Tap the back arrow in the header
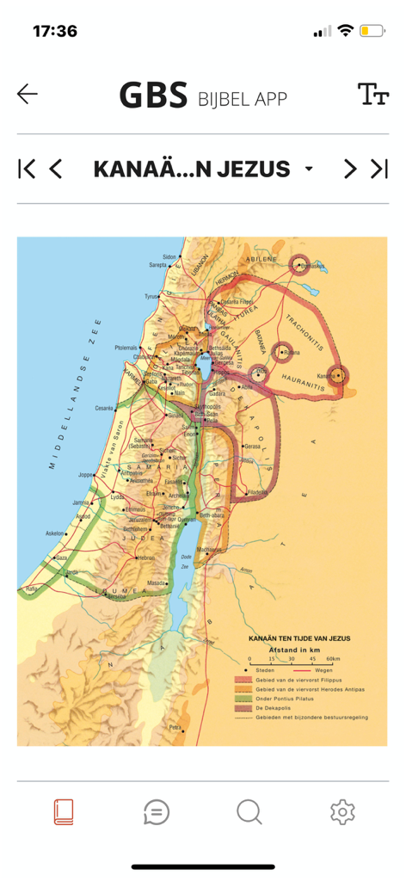click(28, 94)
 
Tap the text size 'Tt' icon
click(372, 95)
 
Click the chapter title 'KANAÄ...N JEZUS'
click(192, 169)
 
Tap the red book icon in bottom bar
click(64, 811)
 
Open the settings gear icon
click(342, 811)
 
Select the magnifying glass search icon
click(249, 811)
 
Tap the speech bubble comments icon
click(157, 811)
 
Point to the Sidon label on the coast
click(169, 256)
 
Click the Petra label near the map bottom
click(175, 727)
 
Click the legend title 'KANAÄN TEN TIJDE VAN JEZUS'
click(293, 639)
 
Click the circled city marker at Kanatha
click(338, 374)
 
